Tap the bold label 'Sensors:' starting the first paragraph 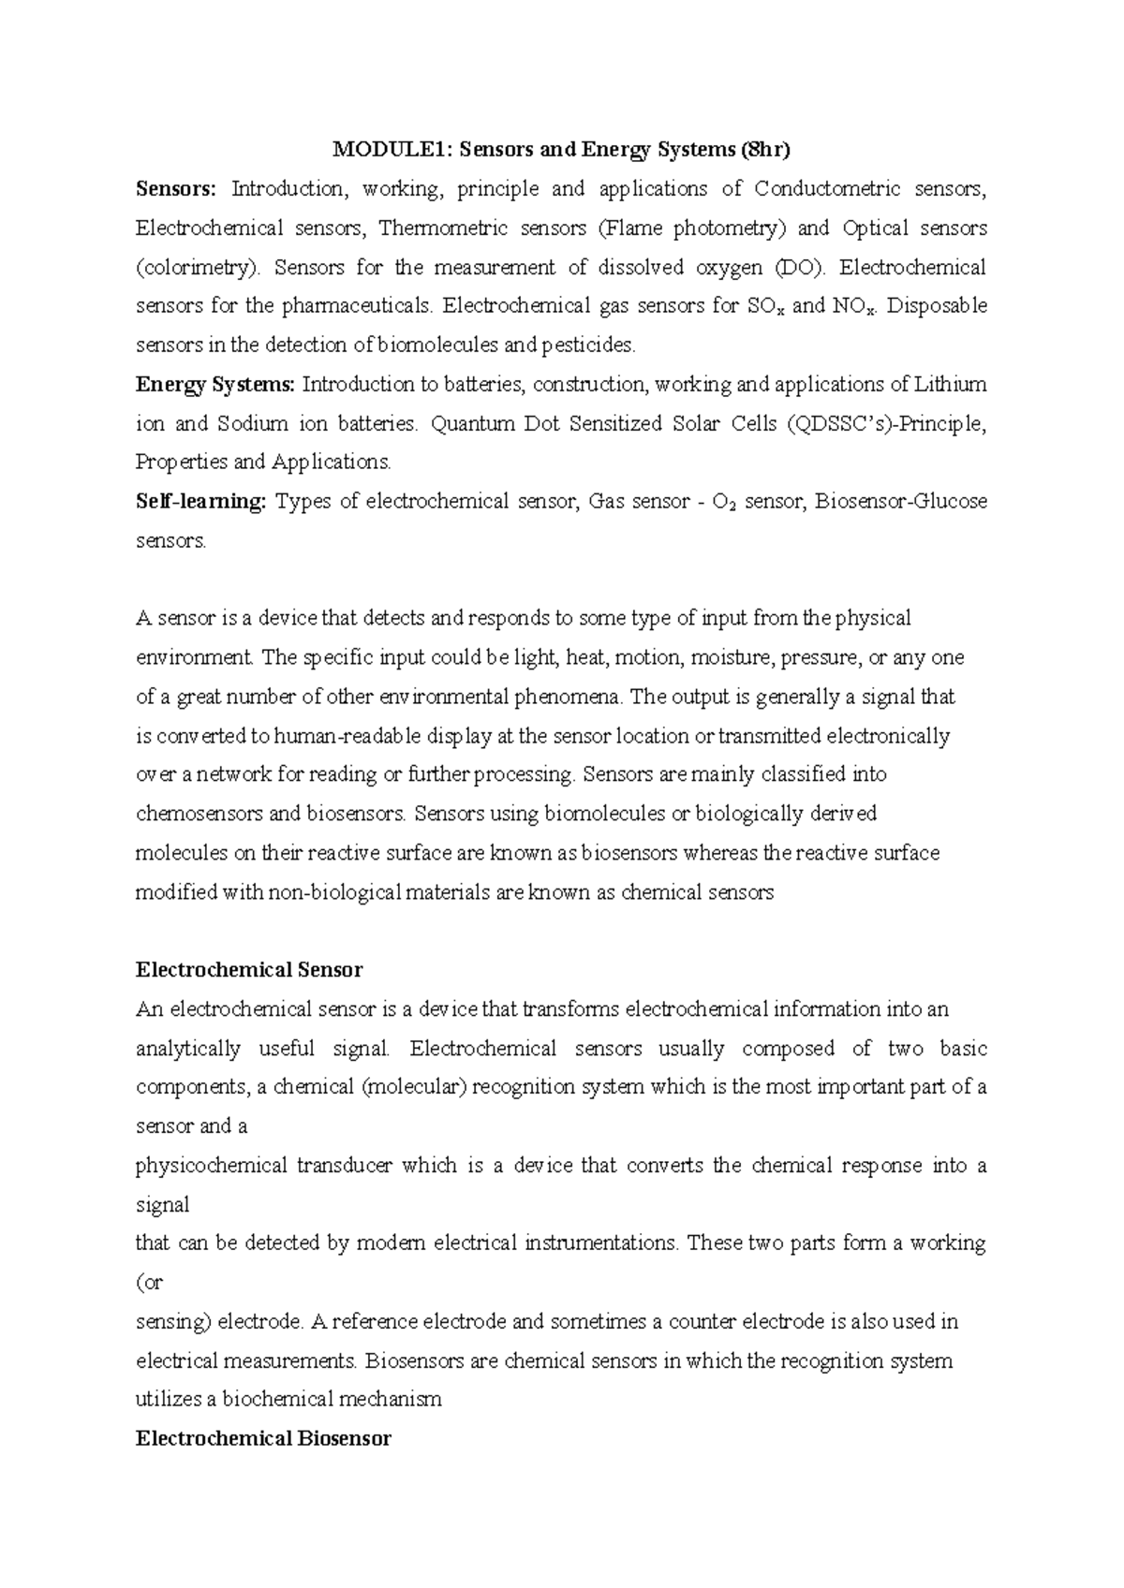click(x=175, y=189)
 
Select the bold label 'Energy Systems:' click(x=215, y=384)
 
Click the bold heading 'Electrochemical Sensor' click(x=249, y=970)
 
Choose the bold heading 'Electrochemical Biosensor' click(x=263, y=1438)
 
